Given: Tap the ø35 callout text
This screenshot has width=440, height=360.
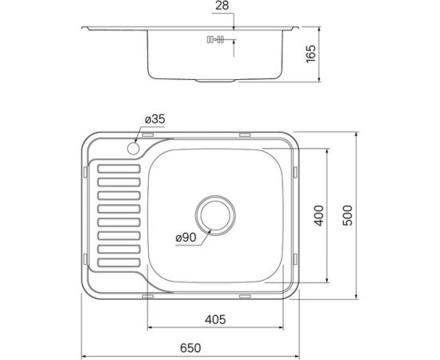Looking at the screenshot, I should tap(154, 120).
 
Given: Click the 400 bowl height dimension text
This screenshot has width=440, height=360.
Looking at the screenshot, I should tap(319, 215).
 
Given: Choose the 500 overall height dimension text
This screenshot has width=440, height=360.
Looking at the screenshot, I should tap(347, 215).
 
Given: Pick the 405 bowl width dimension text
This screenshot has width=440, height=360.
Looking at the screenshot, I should tap(214, 319).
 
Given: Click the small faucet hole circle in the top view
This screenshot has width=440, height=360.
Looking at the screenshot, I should tap(132, 149).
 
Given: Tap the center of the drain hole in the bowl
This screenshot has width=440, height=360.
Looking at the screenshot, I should tap(214, 214).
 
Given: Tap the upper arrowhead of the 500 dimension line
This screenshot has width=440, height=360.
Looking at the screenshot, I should tap(358, 133).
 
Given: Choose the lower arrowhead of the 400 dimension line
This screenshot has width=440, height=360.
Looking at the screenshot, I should tap(330, 281).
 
